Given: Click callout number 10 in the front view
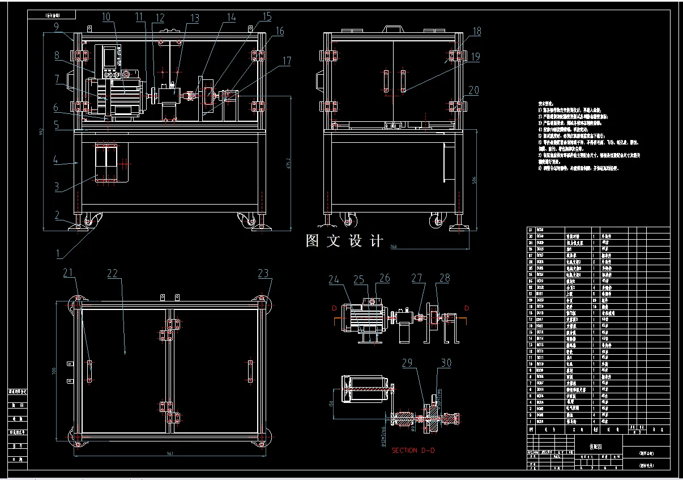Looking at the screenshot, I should pyautogui.click(x=106, y=17).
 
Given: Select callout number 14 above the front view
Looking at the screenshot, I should pyautogui.click(x=230, y=18).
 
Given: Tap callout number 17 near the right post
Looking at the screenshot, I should pyautogui.click(x=287, y=60).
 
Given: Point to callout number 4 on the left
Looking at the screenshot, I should pyautogui.click(x=56, y=160).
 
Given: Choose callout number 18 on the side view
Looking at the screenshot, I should pyautogui.click(x=476, y=32).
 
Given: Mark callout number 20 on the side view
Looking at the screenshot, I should pyautogui.click(x=473, y=90).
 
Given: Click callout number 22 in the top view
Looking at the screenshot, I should pyautogui.click(x=113, y=273).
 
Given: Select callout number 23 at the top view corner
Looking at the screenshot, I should pyautogui.click(x=263, y=273).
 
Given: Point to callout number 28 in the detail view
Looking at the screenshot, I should pyautogui.click(x=445, y=278).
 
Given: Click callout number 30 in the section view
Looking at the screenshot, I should pyautogui.click(x=446, y=363).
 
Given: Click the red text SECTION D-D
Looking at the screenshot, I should pyautogui.click(x=412, y=451).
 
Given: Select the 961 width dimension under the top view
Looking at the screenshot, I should pyautogui.click(x=170, y=453).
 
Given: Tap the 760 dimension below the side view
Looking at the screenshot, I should pyautogui.click(x=394, y=247).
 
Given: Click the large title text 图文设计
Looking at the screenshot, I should pyautogui.click(x=344, y=241).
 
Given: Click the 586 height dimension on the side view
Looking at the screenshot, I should pyautogui.click(x=473, y=180).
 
